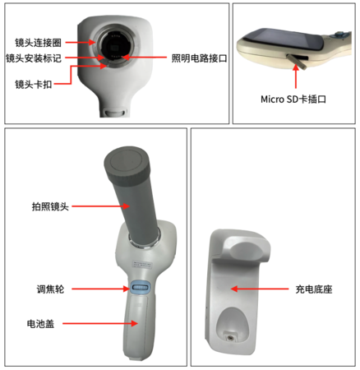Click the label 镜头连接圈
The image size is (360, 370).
(x=38, y=43)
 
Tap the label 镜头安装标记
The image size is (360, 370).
(x=34, y=58)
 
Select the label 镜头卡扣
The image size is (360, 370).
(x=34, y=84)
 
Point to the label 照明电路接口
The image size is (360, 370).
(x=199, y=58)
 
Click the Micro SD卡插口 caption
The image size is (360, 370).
(x=293, y=99)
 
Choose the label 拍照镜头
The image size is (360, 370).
(x=50, y=206)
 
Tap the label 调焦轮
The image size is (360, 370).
(x=50, y=289)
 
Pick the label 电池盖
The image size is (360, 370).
(x=40, y=324)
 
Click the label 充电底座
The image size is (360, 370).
(x=314, y=289)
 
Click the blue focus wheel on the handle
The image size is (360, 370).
(x=141, y=287)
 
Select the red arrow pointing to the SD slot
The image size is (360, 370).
(x=296, y=76)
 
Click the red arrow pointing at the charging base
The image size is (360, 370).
(x=260, y=289)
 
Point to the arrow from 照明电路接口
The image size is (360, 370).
(x=144, y=58)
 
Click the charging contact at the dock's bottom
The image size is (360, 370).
(x=230, y=337)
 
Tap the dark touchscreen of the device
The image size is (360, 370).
(x=285, y=40)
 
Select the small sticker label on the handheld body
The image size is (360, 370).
(x=142, y=265)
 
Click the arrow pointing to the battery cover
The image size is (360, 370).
(x=100, y=323)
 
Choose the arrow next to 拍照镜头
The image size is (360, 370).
(x=100, y=206)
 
